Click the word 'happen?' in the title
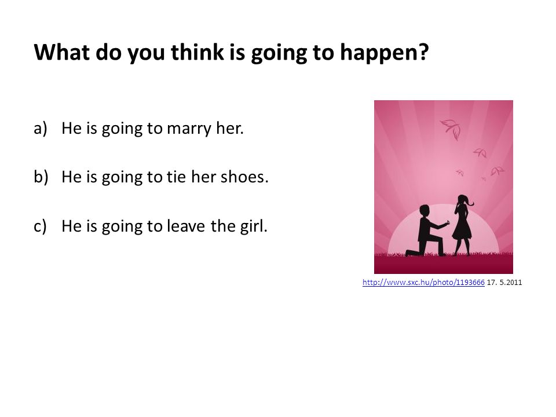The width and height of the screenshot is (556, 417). (x=384, y=53)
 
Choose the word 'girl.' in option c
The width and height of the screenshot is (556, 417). (x=254, y=226)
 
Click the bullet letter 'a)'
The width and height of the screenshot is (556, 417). (x=41, y=129)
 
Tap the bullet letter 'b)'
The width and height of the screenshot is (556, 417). (x=41, y=177)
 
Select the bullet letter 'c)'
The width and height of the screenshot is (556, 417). (x=40, y=226)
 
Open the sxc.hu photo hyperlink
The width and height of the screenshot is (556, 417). (x=423, y=282)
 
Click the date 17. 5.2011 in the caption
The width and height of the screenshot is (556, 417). (x=504, y=282)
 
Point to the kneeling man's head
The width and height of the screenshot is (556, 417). (x=425, y=210)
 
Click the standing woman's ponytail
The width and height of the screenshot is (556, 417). (x=470, y=202)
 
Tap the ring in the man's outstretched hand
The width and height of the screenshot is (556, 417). (x=448, y=222)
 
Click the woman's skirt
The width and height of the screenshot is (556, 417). (x=462, y=231)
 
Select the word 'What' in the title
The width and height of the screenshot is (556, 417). (x=62, y=52)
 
